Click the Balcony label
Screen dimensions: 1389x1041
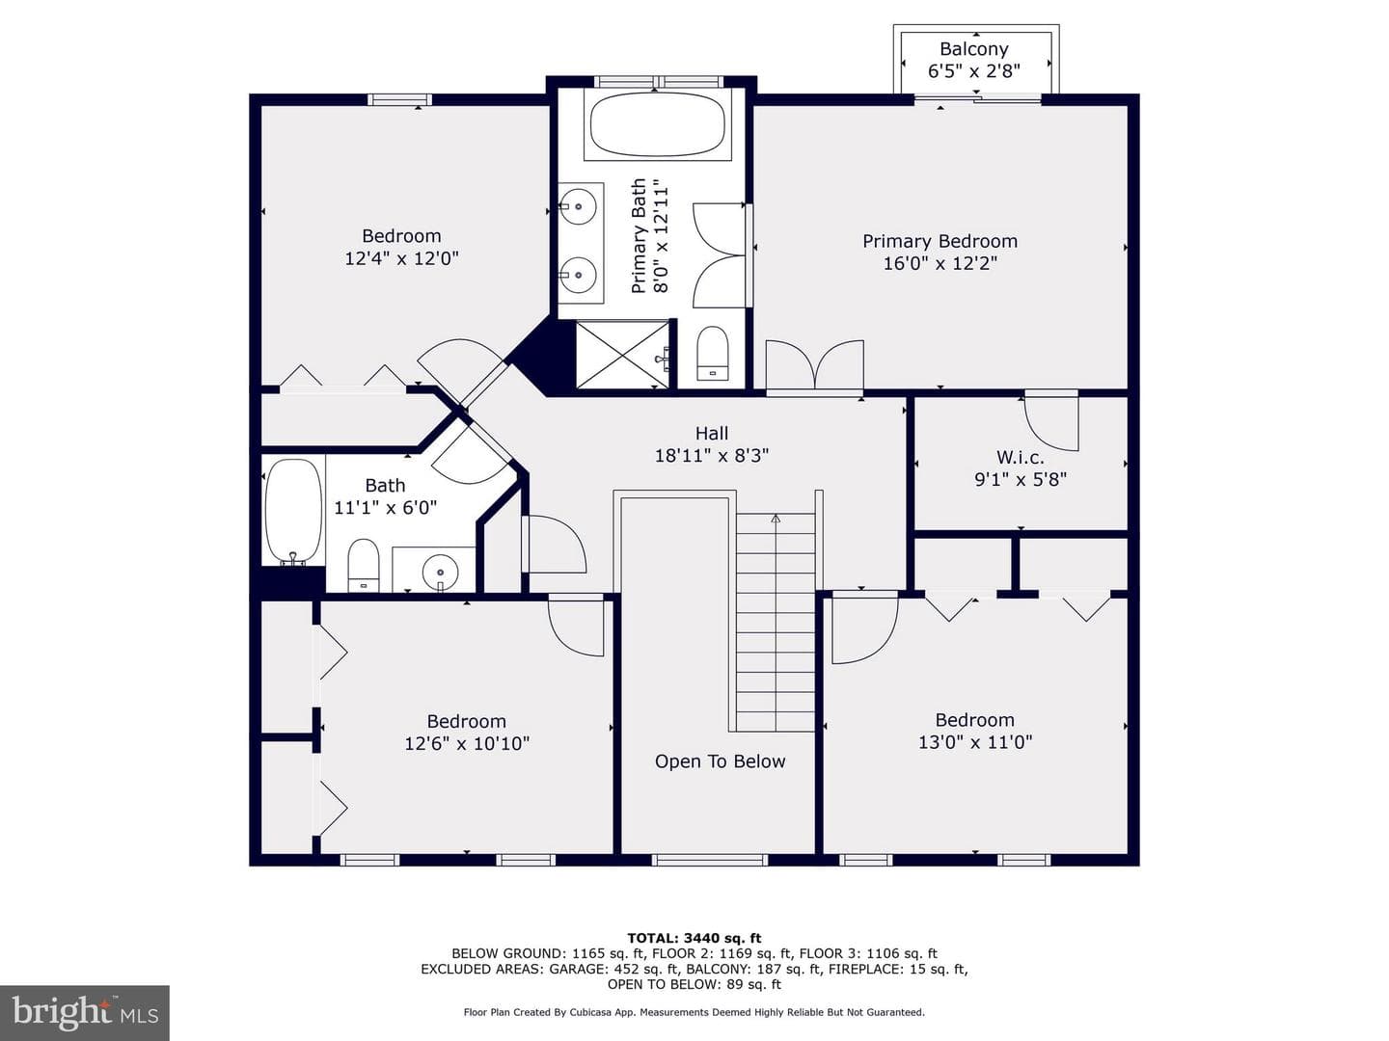(x=973, y=48)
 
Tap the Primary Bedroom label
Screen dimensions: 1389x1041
(x=940, y=241)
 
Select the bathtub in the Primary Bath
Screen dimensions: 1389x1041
(x=658, y=124)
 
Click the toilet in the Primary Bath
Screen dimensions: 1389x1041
(x=713, y=354)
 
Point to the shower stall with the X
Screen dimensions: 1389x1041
(x=623, y=355)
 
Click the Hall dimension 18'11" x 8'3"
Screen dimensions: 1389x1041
(x=711, y=455)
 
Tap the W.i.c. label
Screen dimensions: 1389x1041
(x=1021, y=457)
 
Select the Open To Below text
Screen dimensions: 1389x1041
(x=720, y=761)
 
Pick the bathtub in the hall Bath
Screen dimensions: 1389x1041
(x=293, y=511)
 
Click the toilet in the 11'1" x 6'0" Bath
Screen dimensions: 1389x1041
(x=364, y=565)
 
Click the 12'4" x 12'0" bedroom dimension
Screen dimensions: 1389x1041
(x=401, y=258)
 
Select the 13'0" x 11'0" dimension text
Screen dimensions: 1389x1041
(x=975, y=742)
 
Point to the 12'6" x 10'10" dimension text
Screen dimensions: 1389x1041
(x=466, y=743)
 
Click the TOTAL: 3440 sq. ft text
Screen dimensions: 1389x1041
(x=694, y=938)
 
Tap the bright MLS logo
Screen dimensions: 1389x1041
(x=85, y=1012)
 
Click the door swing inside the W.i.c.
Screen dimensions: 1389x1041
(x=1051, y=423)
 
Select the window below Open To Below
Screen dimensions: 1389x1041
(x=709, y=860)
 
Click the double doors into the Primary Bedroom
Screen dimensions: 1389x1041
(x=814, y=364)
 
